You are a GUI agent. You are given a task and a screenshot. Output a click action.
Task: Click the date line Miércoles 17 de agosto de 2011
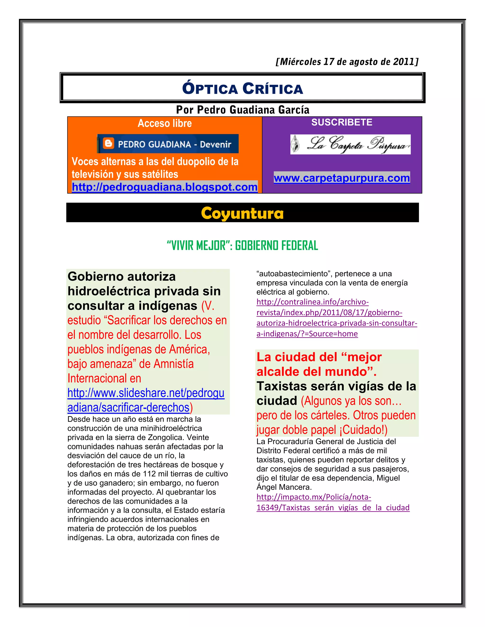(x=347, y=62)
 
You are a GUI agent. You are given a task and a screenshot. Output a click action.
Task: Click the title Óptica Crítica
(x=242, y=88)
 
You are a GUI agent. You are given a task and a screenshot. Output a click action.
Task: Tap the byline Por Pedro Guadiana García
(x=242, y=110)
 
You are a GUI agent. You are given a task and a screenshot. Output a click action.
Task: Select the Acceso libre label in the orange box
(x=165, y=123)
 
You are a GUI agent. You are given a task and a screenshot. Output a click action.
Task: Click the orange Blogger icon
(x=108, y=144)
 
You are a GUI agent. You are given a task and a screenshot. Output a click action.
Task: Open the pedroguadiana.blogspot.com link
(x=164, y=187)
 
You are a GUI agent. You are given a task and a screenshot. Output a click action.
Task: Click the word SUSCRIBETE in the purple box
(x=342, y=122)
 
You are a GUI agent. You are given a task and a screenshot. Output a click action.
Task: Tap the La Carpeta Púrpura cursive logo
(x=350, y=144)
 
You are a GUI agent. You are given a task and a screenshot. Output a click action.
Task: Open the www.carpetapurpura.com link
(x=342, y=178)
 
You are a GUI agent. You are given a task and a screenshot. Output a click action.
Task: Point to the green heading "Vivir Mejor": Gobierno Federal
(x=242, y=245)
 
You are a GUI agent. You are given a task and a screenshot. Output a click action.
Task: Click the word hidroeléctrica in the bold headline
(x=109, y=291)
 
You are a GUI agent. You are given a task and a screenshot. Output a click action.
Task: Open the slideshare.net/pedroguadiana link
(x=146, y=400)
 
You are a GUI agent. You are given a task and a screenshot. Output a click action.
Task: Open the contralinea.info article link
(x=337, y=318)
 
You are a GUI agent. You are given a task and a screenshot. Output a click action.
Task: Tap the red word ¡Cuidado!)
(x=365, y=430)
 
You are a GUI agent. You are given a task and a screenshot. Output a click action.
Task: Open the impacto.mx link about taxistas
(x=333, y=502)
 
